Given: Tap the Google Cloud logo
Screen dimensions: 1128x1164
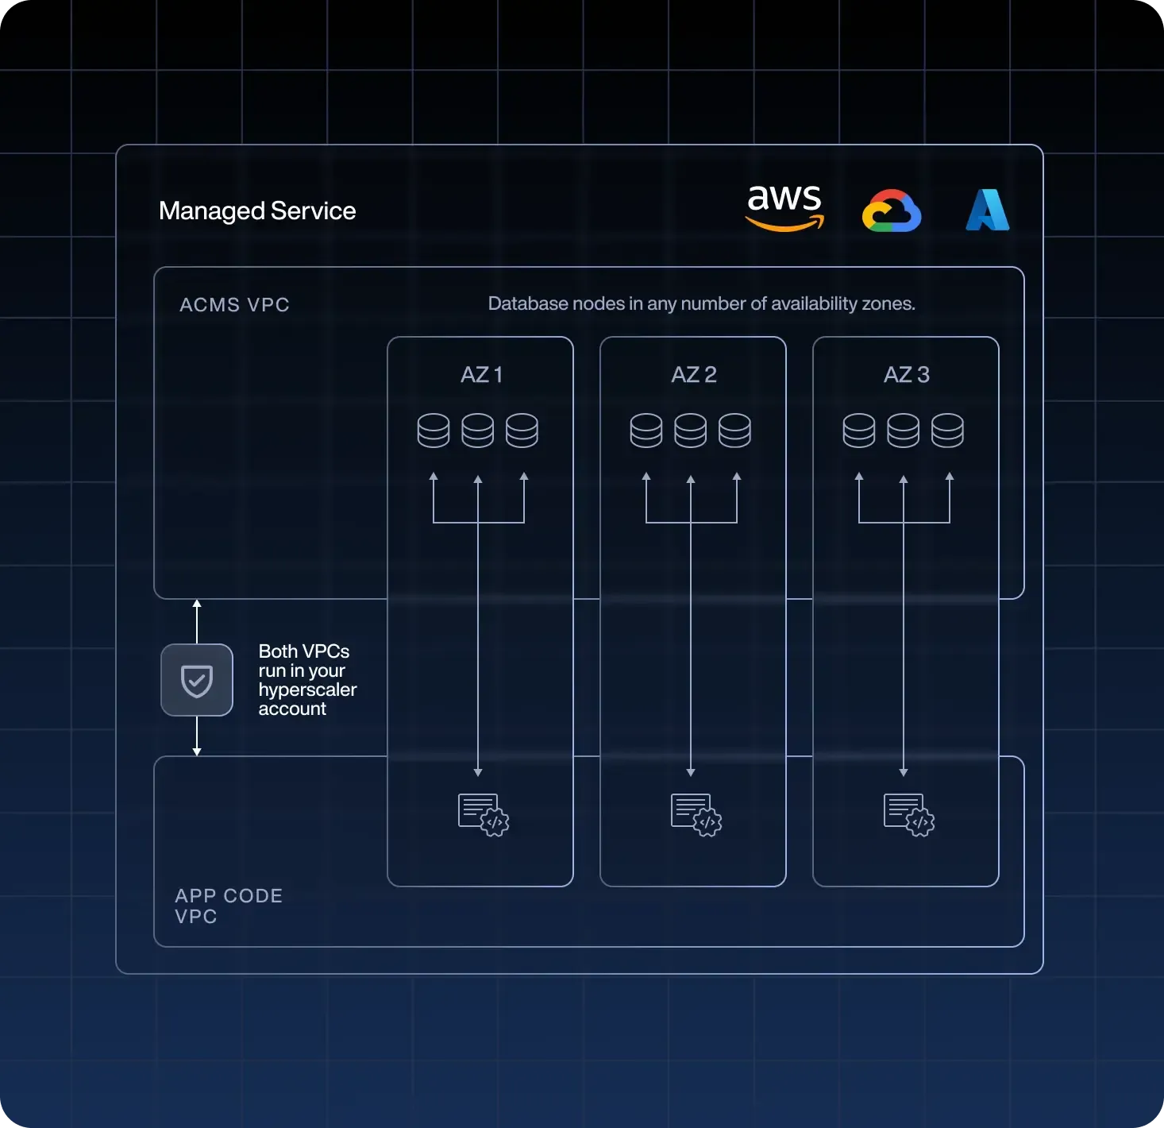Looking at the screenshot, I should [x=892, y=211].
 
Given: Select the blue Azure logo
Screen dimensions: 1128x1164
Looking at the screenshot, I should [x=987, y=211].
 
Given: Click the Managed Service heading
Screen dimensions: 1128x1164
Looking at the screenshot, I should [x=257, y=211].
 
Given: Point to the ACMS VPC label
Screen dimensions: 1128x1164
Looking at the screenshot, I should [x=234, y=305].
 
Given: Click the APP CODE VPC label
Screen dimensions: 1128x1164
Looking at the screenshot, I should [x=229, y=906].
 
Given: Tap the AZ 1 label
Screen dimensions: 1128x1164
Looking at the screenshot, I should [x=481, y=375].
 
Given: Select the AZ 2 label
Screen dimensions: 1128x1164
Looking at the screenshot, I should [x=694, y=375].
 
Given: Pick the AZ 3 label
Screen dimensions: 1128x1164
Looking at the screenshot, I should [x=907, y=375].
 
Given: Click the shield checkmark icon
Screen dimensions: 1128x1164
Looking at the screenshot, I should [x=197, y=681].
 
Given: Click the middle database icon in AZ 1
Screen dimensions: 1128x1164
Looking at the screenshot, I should [x=478, y=431].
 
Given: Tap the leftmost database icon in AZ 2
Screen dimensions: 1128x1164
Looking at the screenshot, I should [x=646, y=431].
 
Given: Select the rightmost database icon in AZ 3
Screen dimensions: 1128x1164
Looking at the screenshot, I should [x=948, y=431].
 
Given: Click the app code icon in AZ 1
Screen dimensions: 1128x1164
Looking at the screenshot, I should [x=483, y=814].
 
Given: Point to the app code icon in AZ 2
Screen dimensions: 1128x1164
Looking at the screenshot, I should [x=696, y=814].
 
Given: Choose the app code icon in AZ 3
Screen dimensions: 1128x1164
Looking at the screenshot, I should [x=908, y=814].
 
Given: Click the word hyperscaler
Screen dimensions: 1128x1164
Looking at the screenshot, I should [x=307, y=690].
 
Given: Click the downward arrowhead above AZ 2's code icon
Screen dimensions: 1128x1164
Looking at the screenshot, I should [x=691, y=772].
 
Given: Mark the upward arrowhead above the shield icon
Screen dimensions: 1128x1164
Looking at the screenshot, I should [x=197, y=605].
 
